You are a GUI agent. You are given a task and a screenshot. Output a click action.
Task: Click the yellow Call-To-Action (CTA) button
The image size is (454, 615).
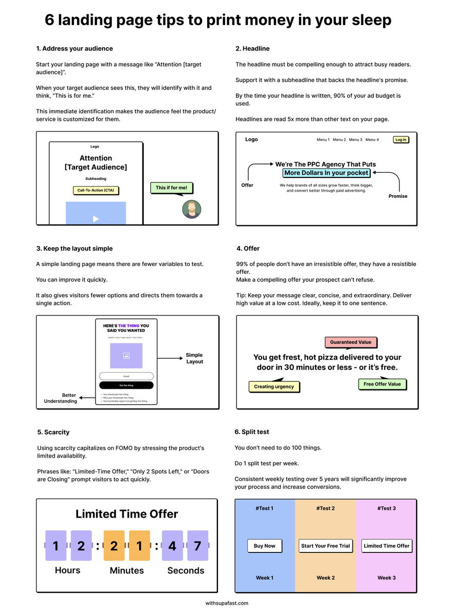(95, 191)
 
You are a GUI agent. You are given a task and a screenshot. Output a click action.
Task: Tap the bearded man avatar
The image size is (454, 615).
(192, 209)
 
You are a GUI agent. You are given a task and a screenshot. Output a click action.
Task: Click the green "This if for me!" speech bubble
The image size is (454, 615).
(171, 188)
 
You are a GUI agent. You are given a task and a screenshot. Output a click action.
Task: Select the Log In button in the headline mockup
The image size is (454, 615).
(401, 140)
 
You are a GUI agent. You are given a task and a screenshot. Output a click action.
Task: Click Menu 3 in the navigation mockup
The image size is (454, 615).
(356, 140)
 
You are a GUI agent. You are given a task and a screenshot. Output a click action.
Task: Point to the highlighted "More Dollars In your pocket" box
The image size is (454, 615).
(326, 173)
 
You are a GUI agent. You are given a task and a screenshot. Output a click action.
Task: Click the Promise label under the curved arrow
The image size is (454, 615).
(398, 196)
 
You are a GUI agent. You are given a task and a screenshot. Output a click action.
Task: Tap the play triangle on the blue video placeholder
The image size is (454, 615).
(95, 219)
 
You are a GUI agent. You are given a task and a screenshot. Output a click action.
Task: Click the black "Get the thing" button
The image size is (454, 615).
(126, 385)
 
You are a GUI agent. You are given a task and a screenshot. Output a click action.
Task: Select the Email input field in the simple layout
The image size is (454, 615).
(126, 376)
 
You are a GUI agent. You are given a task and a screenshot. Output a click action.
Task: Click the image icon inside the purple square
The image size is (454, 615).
(126, 356)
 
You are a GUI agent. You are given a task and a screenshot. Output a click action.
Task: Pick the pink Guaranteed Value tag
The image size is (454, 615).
(350, 342)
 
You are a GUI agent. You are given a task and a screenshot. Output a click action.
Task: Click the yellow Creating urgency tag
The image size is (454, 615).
(274, 387)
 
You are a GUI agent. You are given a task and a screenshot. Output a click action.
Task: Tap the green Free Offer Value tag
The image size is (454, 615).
(382, 384)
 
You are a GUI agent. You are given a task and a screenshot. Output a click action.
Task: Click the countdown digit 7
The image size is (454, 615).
(198, 546)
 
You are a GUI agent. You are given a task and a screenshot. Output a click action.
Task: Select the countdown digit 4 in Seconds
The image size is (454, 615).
(172, 546)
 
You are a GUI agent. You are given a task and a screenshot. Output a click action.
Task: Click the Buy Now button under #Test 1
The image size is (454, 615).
(265, 546)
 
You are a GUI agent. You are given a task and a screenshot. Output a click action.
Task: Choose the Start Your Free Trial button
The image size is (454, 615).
(325, 546)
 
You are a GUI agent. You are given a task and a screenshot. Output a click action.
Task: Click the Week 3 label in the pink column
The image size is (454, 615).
(386, 578)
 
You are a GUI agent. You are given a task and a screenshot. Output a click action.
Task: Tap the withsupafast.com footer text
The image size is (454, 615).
(227, 603)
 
